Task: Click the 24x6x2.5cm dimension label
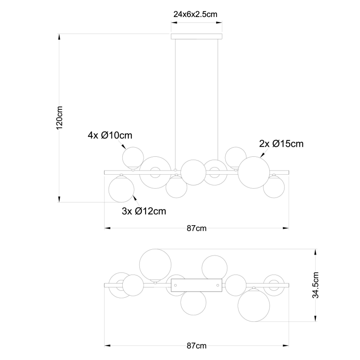click(195, 14)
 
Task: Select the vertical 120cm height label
click(59, 117)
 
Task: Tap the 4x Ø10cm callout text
click(110, 135)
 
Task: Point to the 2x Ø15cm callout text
click(281, 144)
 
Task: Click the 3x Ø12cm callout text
click(144, 211)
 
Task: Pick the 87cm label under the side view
click(197, 228)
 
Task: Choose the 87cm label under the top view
click(197, 345)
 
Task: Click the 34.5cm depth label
click(316, 285)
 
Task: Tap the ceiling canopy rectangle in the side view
click(197, 36)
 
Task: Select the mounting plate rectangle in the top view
click(197, 285)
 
